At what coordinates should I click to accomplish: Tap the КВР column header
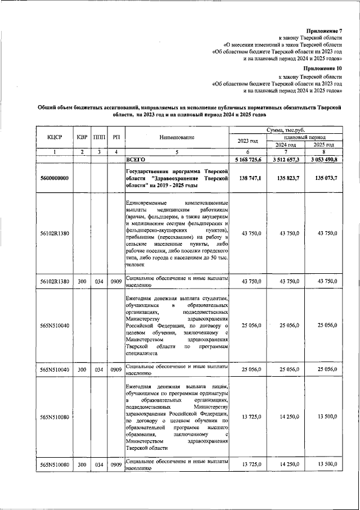pos(82,137)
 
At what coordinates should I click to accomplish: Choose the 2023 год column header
pos(248,141)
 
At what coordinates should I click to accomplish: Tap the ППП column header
pos(99,137)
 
